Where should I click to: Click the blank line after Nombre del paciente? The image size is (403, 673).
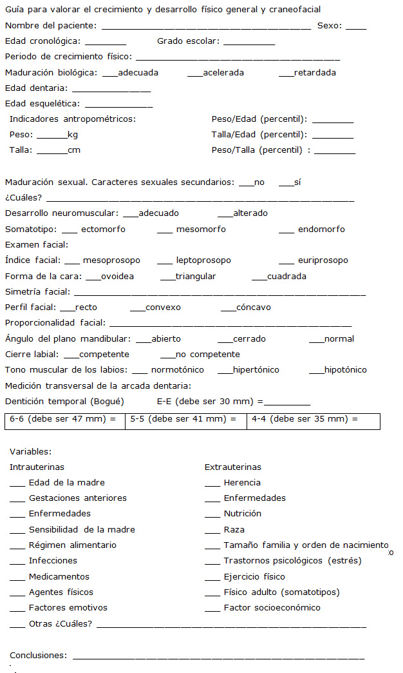click(206, 27)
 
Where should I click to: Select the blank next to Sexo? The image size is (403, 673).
click(355, 27)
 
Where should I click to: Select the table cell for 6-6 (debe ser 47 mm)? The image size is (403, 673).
click(65, 420)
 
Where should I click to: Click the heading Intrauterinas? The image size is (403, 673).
click(37, 467)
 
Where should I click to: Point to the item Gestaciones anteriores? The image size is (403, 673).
click(77, 498)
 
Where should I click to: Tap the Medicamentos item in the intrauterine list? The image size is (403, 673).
click(59, 577)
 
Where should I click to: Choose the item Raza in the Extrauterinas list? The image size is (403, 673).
click(234, 530)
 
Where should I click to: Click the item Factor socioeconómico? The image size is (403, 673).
click(272, 608)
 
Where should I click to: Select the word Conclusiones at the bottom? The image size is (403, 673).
click(38, 656)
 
